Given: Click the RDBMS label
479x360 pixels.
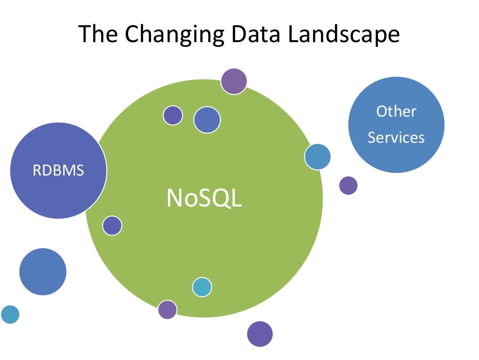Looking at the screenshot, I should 58,170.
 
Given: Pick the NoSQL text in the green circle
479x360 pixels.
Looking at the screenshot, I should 204,198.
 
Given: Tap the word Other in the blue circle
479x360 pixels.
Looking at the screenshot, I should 396,111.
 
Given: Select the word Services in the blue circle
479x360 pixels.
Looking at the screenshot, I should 396,138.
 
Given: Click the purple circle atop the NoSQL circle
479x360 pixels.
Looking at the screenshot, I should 234,81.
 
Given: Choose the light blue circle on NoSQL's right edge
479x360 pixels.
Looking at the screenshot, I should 318,156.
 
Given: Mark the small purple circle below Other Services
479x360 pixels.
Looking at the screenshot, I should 348,185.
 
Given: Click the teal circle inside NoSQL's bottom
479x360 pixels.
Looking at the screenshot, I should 202,287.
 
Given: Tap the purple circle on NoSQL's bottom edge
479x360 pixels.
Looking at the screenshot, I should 167,309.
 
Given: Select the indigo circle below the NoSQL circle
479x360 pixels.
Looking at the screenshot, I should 260,334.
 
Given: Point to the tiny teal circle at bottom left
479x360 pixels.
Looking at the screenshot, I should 10,314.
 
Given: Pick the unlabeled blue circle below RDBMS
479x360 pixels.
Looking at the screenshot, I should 43,272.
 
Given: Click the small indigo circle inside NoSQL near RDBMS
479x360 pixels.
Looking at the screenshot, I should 112,226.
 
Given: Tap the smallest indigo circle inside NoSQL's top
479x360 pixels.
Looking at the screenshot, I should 173,115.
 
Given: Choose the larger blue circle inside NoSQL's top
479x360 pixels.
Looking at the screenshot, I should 207,119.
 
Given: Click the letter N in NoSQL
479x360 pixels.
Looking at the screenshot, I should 174,198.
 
